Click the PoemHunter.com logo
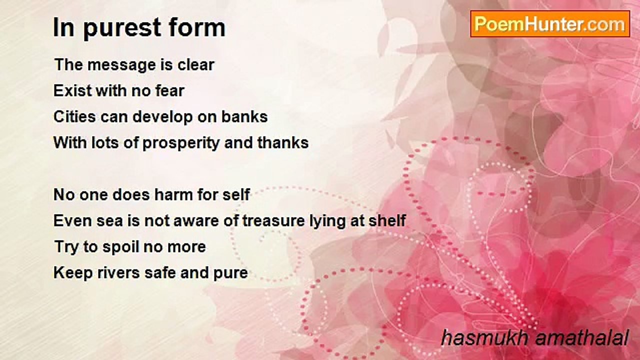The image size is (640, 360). click(550, 24)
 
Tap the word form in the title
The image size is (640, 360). click(197, 27)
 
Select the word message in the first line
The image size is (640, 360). click(121, 65)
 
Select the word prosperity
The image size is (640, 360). click(181, 143)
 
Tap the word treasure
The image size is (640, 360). click(273, 221)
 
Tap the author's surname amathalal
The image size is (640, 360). click(581, 337)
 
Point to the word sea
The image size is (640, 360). click(109, 221)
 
